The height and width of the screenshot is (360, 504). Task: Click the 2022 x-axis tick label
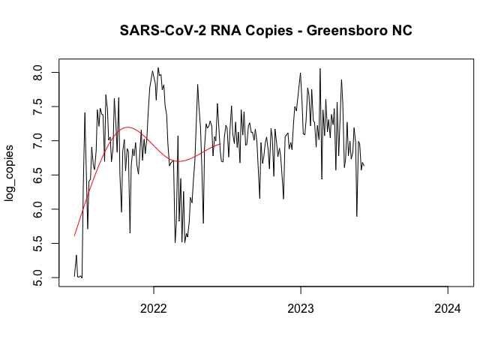(154, 307)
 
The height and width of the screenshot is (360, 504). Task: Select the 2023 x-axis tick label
(301, 307)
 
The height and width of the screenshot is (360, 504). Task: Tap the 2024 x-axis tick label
(448, 307)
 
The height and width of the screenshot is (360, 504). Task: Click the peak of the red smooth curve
(127, 127)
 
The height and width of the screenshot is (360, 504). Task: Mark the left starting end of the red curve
(74, 235)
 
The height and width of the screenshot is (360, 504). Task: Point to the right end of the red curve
(220, 144)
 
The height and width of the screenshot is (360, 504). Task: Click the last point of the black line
(364, 166)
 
